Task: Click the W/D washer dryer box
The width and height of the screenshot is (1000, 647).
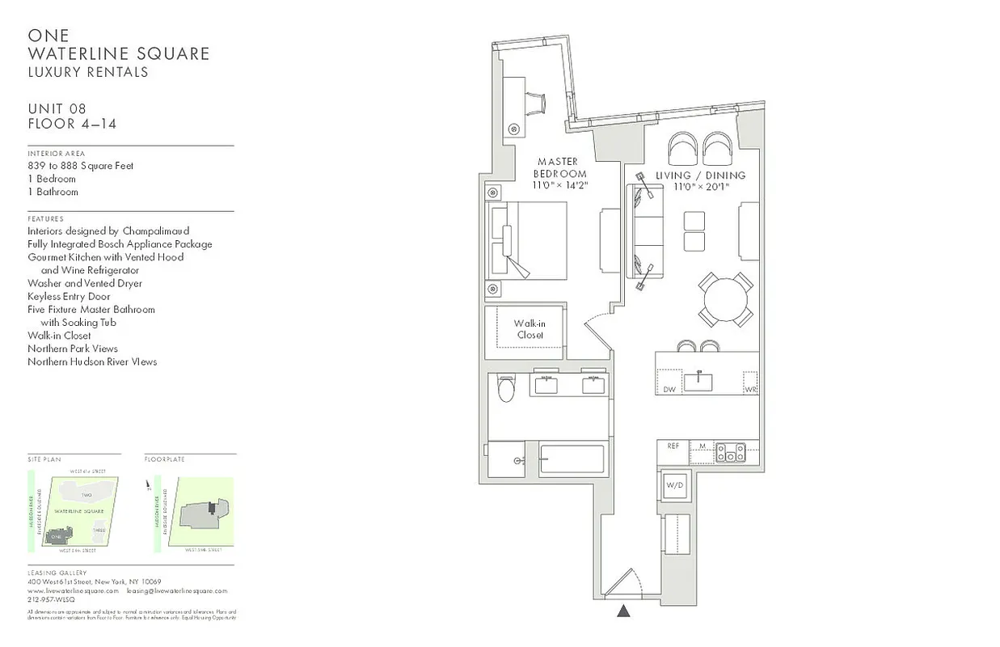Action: pos(674,485)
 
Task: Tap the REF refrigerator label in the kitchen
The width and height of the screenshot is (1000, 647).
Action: pos(673,446)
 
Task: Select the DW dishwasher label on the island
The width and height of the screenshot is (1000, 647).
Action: pos(669,389)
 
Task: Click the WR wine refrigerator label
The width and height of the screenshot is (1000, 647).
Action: pos(750,389)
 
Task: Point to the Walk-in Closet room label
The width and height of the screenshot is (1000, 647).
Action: pos(530,329)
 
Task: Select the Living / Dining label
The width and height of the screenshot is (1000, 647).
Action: pos(711,175)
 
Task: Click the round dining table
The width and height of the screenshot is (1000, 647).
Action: pos(726,300)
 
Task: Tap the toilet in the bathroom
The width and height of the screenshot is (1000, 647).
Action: pos(506,389)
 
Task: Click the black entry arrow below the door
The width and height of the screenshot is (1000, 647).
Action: pos(623,611)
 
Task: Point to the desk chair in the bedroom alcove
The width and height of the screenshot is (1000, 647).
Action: pos(536,104)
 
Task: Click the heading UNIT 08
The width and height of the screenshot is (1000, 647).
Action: pos(57,109)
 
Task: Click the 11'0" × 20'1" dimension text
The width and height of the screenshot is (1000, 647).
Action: pos(702,187)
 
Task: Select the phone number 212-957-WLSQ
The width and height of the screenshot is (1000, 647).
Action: pos(51,600)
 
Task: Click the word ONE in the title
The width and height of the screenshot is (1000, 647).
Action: pos(49,36)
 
